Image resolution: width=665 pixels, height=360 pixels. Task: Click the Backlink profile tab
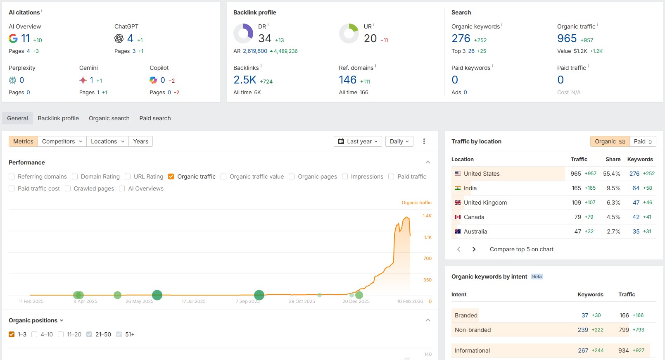[x=58, y=118]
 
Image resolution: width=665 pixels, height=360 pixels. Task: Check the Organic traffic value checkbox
[x=223, y=176]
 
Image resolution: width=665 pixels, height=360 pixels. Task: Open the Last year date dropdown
[x=358, y=141]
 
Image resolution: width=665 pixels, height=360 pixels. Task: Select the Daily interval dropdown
[x=399, y=141]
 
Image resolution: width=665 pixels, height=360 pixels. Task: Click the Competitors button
[x=62, y=141]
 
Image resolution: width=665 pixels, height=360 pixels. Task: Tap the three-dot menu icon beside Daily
[x=424, y=141]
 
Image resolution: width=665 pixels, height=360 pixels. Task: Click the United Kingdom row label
[x=485, y=203]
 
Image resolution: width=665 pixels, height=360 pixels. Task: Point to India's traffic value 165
[x=576, y=188]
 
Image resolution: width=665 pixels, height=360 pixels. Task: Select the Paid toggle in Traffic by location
[x=643, y=141]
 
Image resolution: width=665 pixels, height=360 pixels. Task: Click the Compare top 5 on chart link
[x=521, y=249]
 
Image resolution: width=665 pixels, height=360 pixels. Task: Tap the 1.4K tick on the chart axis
[x=427, y=216]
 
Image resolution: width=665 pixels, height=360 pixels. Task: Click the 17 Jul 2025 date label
[x=193, y=301]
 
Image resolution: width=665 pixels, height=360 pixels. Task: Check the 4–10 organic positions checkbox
[x=35, y=334]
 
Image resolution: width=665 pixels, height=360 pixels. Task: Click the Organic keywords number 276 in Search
[x=461, y=38]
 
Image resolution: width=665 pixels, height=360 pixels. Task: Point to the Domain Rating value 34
[x=265, y=38]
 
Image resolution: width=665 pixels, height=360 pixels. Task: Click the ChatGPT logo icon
[x=119, y=38]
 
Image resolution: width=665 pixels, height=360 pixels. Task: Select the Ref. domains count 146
[x=347, y=80]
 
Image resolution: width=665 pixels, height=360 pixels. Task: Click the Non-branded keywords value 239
[x=583, y=330]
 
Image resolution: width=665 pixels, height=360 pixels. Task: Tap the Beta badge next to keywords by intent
[x=537, y=277]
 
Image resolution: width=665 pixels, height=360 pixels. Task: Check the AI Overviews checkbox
[x=122, y=188]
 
